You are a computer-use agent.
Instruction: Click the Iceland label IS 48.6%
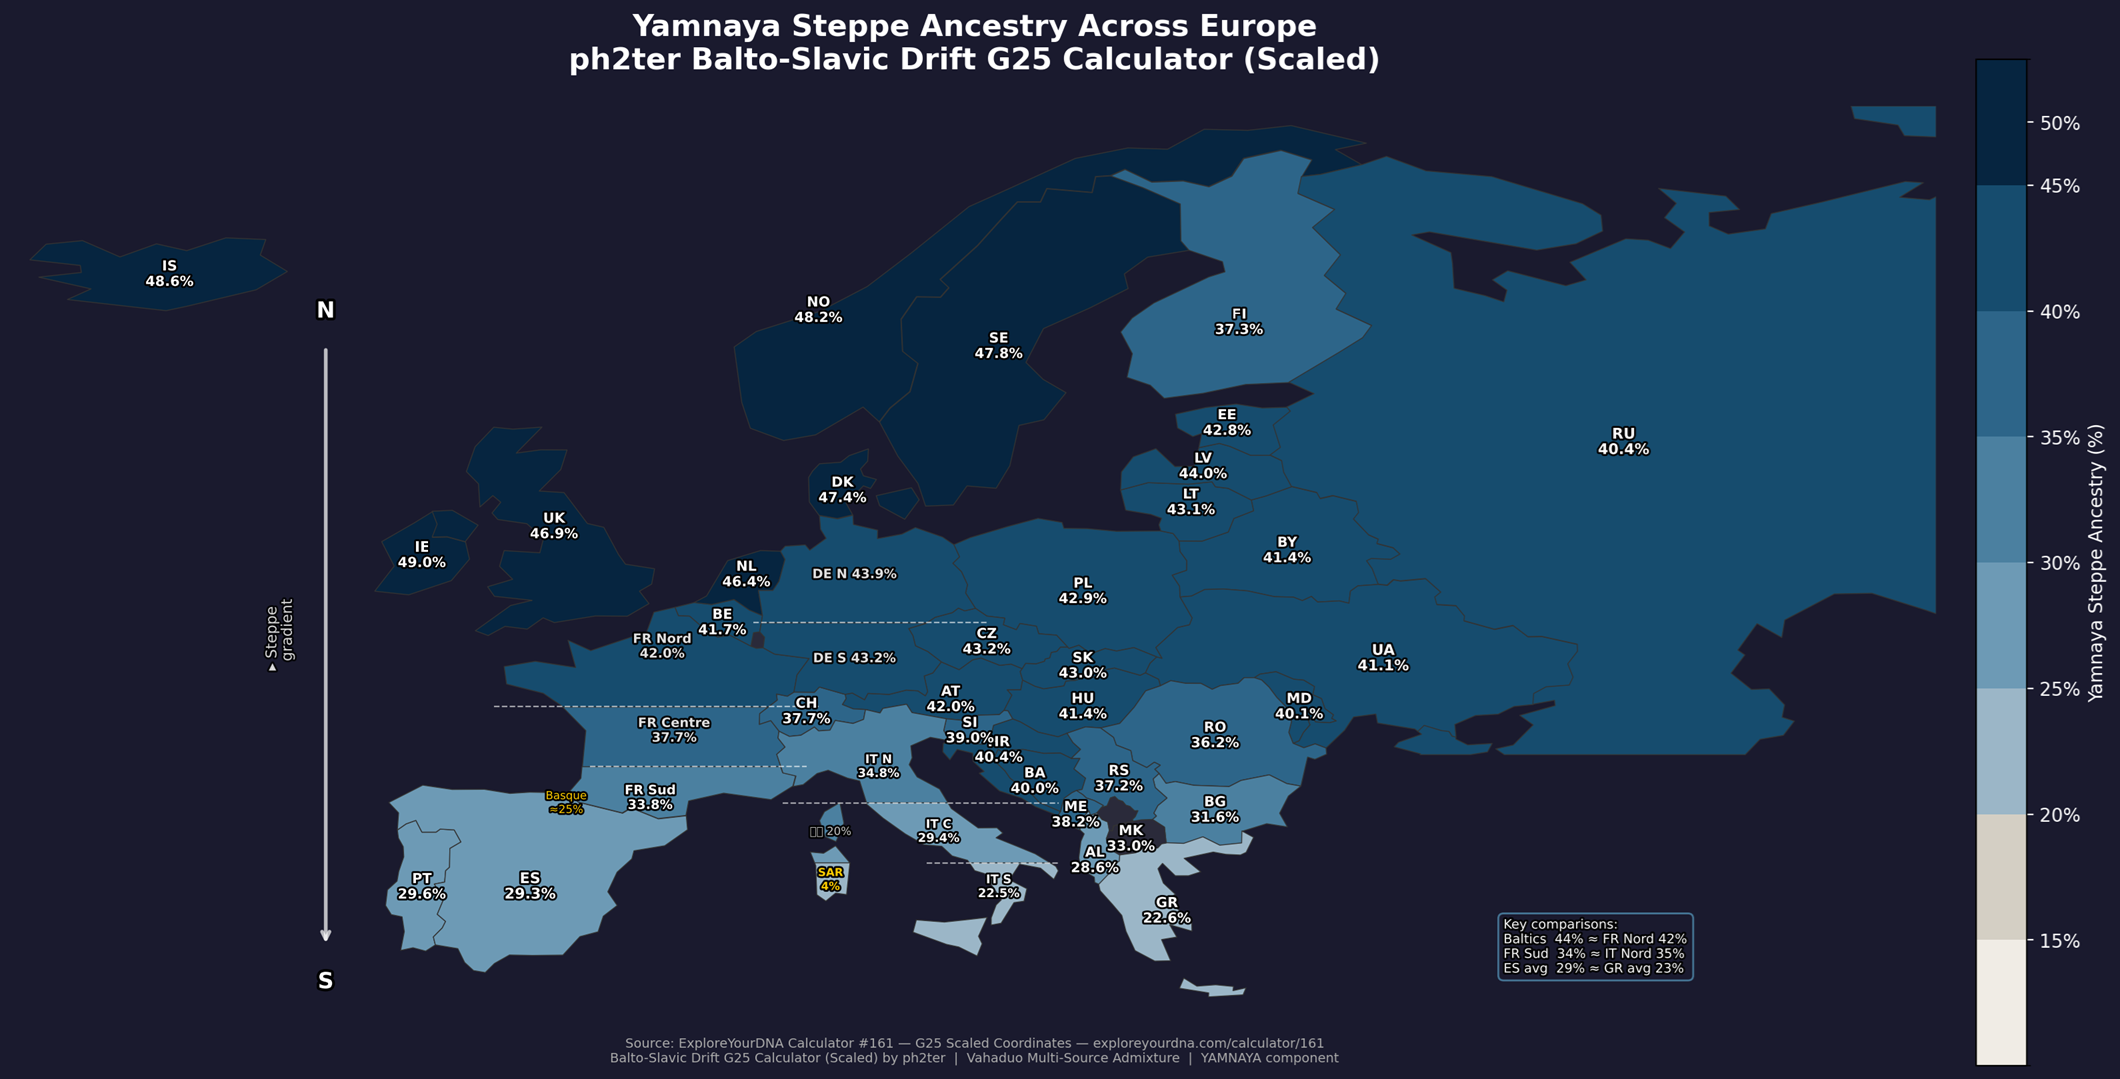pyautogui.click(x=169, y=274)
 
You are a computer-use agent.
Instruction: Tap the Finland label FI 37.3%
pyautogui.click(x=1238, y=322)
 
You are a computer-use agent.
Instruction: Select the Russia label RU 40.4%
pyautogui.click(x=1623, y=442)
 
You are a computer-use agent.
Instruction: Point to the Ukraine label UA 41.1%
pyautogui.click(x=1382, y=658)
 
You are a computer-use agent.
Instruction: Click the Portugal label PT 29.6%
pyautogui.click(x=421, y=887)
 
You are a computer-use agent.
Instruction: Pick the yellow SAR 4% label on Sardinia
pyautogui.click(x=830, y=879)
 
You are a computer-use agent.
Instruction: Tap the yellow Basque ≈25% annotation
pyautogui.click(x=566, y=803)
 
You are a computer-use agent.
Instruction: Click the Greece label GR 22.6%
pyautogui.click(x=1166, y=911)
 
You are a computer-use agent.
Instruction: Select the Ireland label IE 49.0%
pyautogui.click(x=421, y=555)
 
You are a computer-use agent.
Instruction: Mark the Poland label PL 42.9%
pyautogui.click(x=1082, y=591)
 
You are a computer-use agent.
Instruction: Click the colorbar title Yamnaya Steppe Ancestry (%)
pyautogui.click(x=2096, y=563)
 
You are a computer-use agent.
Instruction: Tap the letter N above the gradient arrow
pyautogui.click(x=325, y=311)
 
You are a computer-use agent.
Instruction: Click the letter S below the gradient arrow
pyautogui.click(x=325, y=981)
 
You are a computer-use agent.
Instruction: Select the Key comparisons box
pyautogui.click(x=1594, y=946)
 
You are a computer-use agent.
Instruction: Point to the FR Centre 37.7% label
pyautogui.click(x=673, y=730)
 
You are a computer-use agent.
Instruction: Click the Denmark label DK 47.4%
pyautogui.click(x=842, y=490)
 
